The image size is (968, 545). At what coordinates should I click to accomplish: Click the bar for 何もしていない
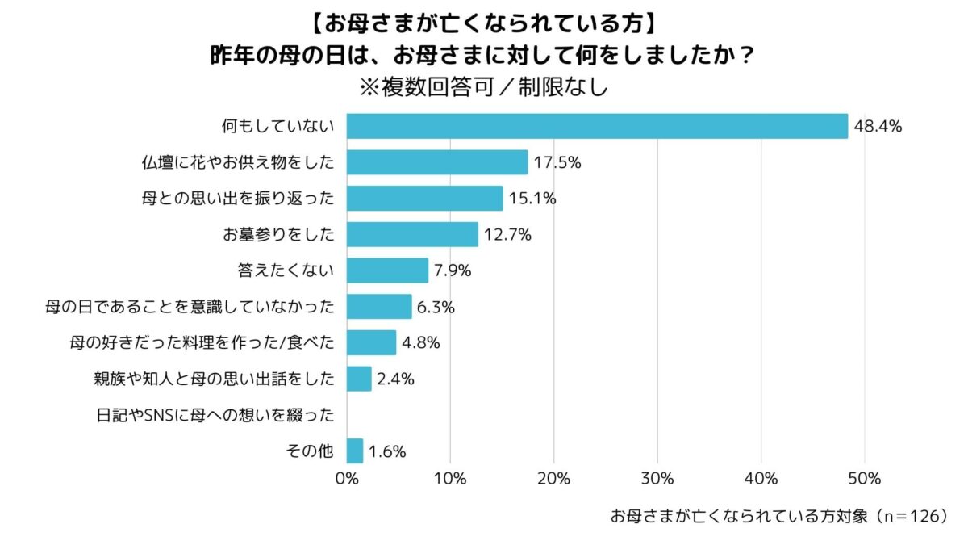(x=597, y=126)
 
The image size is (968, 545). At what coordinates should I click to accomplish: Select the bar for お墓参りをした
(x=412, y=234)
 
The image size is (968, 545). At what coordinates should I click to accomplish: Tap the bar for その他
(x=355, y=451)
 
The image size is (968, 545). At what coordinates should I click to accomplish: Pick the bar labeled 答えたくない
(x=387, y=270)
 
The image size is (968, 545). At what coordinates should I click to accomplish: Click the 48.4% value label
(x=877, y=126)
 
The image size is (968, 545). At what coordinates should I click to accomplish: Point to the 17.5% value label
(x=557, y=162)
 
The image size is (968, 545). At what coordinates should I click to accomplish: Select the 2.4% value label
(x=395, y=379)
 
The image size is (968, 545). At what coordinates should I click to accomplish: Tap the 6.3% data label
(x=437, y=307)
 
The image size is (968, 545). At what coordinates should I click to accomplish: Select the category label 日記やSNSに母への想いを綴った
(x=215, y=415)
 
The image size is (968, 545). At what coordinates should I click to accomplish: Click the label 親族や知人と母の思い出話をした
(x=215, y=379)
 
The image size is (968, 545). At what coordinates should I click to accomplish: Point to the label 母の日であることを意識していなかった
(x=190, y=307)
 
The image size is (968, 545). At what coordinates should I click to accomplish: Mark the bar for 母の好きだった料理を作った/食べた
(x=371, y=342)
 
